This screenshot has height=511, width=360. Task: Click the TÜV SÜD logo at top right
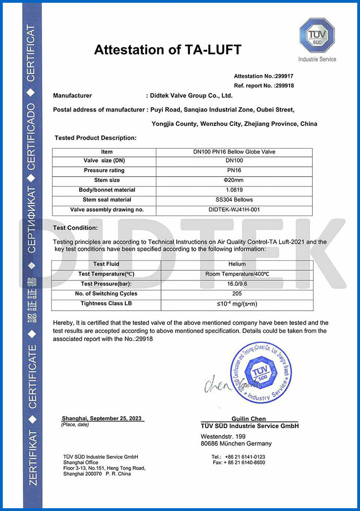(x=317, y=36)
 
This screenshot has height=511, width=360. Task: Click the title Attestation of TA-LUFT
(x=168, y=50)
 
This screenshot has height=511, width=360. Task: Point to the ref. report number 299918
(x=284, y=86)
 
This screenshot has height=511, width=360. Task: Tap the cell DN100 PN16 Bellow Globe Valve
(x=234, y=152)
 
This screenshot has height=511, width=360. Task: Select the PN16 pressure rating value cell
(x=234, y=170)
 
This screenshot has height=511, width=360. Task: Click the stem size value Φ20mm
(x=234, y=180)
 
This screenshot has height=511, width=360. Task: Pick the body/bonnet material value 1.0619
(x=234, y=190)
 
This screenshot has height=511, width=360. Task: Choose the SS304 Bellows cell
(x=234, y=199)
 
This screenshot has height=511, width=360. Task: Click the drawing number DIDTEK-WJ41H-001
(x=234, y=210)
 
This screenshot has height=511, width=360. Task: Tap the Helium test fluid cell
(x=236, y=264)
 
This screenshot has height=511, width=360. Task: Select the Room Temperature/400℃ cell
(x=236, y=274)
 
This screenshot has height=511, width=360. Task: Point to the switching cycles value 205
(x=236, y=293)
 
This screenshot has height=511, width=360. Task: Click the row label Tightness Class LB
(x=106, y=303)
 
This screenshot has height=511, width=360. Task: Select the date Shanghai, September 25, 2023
(x=103, y=418)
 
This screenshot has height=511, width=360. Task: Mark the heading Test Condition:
(x=75, y=228)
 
